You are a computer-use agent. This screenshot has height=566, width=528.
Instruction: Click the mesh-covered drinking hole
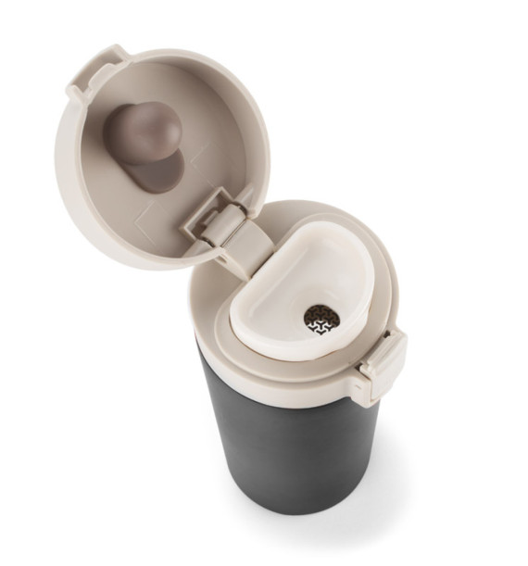pyautogui.click(x=321, y=320)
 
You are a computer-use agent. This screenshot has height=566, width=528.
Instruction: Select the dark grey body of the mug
pyautogui.click(x=278, y=445)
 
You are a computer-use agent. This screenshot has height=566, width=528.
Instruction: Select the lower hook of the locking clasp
pyautogui.click(x=375, y=389)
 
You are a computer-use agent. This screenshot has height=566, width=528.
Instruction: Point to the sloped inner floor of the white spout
pyautogui.click(x=306, y=278)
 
